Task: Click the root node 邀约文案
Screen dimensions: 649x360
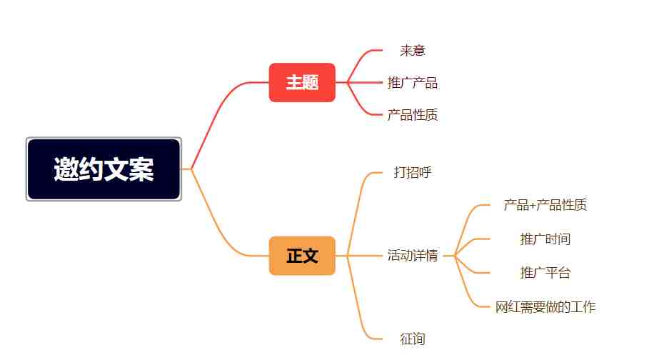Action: pyautogui.click(x=104, y=169)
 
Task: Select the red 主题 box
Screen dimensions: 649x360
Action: pyautogui.click(x=302, y=82)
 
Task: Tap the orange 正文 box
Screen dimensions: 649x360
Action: pyautogui.click(x=302, y=256)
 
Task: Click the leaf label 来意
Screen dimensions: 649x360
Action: pyautogui.click(x=413, y=51)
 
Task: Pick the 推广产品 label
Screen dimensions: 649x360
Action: pyautogui.click(x=413, y=82)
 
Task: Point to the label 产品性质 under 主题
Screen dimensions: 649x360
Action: pyautogui.click(x=413, y=115)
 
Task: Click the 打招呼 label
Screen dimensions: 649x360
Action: pyautogui.click(x=413, y=172)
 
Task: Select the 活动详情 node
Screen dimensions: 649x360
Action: pyautogui.click(x=413, y=255)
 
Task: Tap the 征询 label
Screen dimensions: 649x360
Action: pyautogui.click(x=413, y=339)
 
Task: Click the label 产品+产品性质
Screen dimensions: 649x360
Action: pyautogui.click(x=545, y=205)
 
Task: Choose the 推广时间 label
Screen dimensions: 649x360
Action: pyautogui.click(x=545, y=239)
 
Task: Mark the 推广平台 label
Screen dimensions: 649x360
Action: pyautogui.click(x=545, y=273)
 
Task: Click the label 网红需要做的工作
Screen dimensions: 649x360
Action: pyautogui.click(x=545, y=307)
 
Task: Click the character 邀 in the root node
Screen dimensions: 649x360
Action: pyautogui.click(x=66, y=169)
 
